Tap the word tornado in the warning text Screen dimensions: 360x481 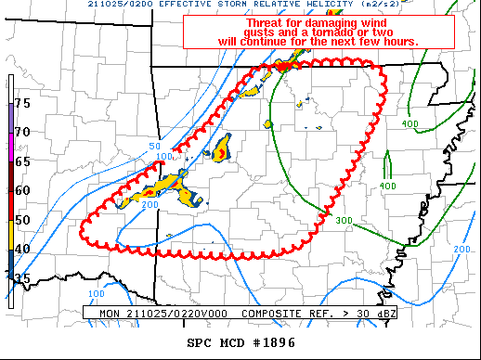click(312, 32)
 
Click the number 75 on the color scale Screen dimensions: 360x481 click(23, 102)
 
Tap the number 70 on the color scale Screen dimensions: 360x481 click(23, 132)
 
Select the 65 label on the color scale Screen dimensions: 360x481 click(23, 161)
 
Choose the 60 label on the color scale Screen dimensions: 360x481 click(23, 189)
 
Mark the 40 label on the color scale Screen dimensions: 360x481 click(23, 248)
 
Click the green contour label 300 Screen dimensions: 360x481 click(344, 220)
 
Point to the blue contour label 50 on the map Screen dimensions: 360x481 click(155, 147)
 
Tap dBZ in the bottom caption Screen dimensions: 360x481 click(387, 314)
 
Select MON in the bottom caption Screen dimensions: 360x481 click(110, 314)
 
